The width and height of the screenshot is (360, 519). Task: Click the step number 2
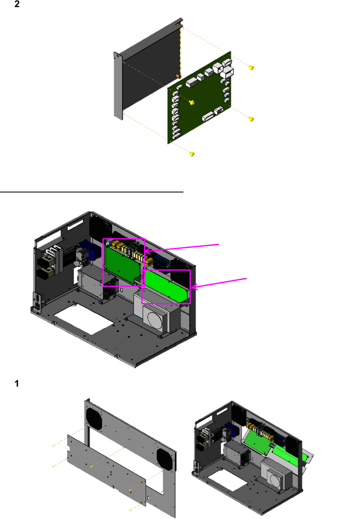tap(17, 4)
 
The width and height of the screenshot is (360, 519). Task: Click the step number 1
tap(17, 383)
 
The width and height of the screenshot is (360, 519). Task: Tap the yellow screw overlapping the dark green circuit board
tap(192, 102)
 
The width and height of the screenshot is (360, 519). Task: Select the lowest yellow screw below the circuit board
tap(192, 154)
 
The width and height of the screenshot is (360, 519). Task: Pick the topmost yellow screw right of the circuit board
tap(251, 67)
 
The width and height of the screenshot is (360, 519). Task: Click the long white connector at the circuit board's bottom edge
tap(208, 116)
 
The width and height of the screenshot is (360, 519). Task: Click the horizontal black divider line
tap(92, 192)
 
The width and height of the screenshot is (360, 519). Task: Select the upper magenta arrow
tap(181, 248)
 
